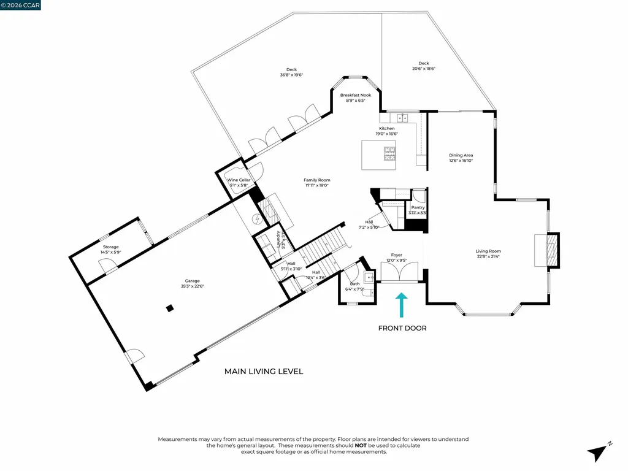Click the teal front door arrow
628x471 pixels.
pyautogui.click(x=401, y=304)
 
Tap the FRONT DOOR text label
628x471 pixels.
pyautogui.click(x=402, y=328)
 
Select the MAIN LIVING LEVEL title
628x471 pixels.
pyautogui.click(x=264, y=371)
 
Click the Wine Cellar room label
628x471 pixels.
pyautogui.click(x=239, y=180)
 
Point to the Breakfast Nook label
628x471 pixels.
pyautogui.click(x=356, y=95)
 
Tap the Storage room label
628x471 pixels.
pyautogui.click(x=110, y=247)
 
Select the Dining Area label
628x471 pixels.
pyautogui.click(x=461, y=155)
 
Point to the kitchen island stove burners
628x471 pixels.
pyautogui.click(x=389, y=153)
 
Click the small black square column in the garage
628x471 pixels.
pyautogui.click(x=170, y=308)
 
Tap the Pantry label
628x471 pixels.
pyautogui.click(x=418, y=207)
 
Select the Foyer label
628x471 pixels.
pyautogui.click(x=397, y=255)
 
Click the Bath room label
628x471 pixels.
pyautogui.click(x=355, y=284)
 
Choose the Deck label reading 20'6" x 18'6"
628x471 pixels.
pyautogui.click(x=424, y=63)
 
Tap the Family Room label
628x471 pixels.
pyautogui.click(x=316, y=180)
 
